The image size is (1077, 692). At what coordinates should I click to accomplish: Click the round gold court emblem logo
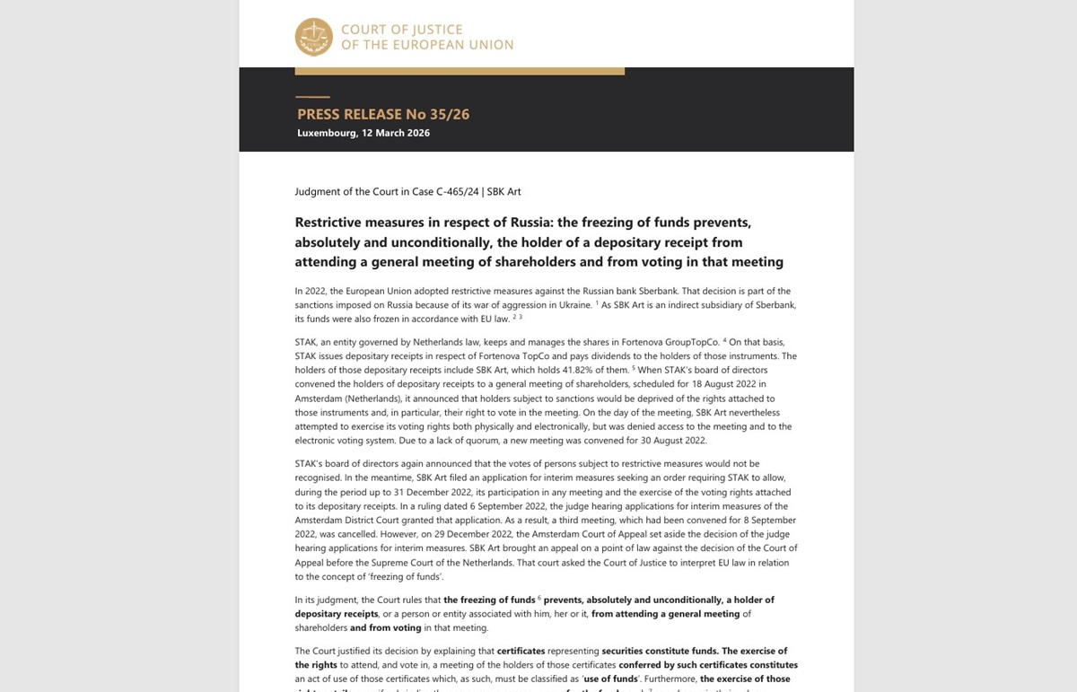314,37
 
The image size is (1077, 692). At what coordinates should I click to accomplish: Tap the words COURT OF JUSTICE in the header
401,30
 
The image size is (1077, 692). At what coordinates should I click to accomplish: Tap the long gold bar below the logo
460,70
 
